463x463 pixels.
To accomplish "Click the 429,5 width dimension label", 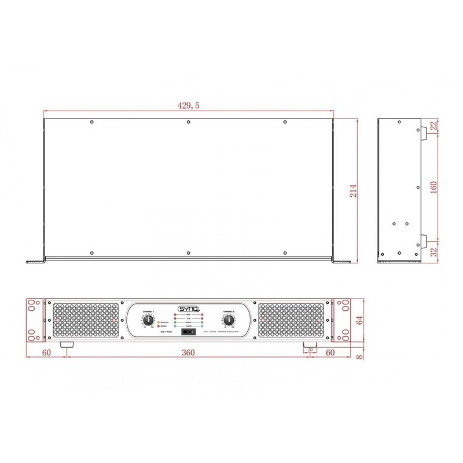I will click(188, 105).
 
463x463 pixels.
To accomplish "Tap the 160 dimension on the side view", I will click(433, 188).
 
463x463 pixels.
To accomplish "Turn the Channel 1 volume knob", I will click(148, 320).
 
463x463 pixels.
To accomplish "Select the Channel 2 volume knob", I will click(229, 320).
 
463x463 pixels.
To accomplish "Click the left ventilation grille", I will click(87, 321).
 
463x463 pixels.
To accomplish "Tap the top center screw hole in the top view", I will click(188, 122).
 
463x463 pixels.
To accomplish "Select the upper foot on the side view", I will click(424, 131).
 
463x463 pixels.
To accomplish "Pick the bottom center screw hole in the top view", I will click(188, 252).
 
